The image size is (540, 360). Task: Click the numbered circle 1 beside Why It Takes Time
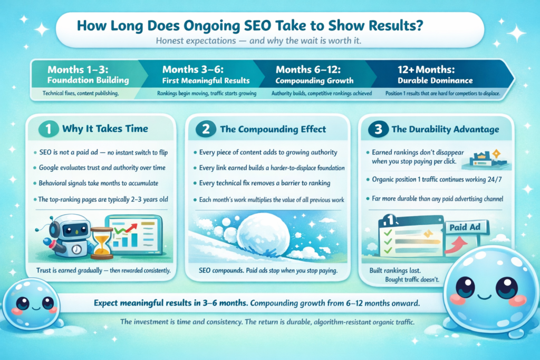49,129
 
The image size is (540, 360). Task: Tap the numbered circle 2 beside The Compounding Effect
206,129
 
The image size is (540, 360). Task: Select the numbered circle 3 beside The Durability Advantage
378,129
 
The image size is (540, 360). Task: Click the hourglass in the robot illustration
102,243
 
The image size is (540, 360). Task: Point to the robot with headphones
67,236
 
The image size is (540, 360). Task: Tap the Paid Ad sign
465,228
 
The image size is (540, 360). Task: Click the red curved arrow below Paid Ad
455,246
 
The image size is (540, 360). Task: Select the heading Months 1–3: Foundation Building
88,75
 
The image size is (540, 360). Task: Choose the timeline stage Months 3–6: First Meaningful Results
206,75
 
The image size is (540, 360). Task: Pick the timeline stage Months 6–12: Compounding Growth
314,75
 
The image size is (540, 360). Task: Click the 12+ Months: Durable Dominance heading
435,75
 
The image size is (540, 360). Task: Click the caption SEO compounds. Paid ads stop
268,270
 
